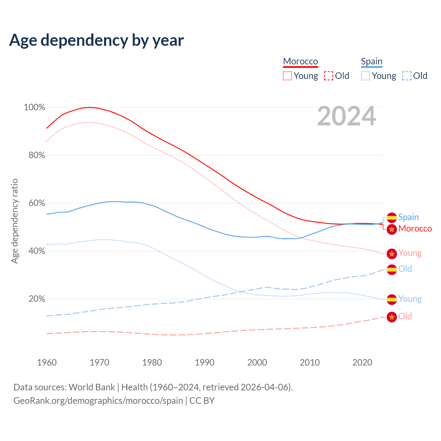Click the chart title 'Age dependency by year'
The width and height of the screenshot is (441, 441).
click(96, 40)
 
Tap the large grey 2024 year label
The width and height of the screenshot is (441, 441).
click(346, 116)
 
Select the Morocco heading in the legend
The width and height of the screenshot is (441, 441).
click(300, 61)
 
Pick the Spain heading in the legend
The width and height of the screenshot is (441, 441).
click(371, 61)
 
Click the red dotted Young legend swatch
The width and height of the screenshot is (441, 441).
click(287, 76)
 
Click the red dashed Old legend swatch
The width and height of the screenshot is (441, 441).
click(329, 76)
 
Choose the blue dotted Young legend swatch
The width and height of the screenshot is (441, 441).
click(366, 76)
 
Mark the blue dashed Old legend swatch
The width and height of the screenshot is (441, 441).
click(407, 76)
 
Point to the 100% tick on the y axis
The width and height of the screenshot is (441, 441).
click(34, 107)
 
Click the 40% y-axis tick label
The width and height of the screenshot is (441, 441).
click(37, 251)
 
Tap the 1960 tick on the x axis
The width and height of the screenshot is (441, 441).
click(47, 362)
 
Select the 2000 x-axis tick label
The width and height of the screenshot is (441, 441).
click(257, 362)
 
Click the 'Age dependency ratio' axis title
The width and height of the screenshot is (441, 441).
click(14, 221)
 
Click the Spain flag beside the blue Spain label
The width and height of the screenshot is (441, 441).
click(392, 218)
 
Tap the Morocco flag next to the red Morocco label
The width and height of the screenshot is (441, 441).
click(392, 229)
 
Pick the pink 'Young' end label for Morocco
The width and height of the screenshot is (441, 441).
click(410, 253)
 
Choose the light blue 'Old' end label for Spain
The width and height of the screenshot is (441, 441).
click(405, 269)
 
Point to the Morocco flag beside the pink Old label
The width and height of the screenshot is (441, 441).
click(392, 317)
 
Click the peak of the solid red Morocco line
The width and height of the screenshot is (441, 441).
click(89, 107)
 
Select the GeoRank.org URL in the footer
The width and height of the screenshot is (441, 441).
click(98, 401)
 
